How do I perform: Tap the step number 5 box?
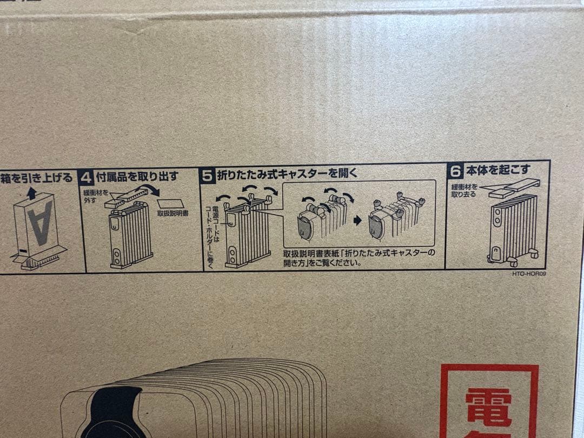[208, 175]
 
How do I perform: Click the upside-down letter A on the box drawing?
[41, 222]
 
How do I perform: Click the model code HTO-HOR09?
[529, 274]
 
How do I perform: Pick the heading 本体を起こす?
[499, 170]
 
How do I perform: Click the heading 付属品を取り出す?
[138, 176]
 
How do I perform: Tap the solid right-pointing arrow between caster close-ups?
[357, 221]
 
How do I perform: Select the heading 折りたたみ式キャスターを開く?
[287, 174]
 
